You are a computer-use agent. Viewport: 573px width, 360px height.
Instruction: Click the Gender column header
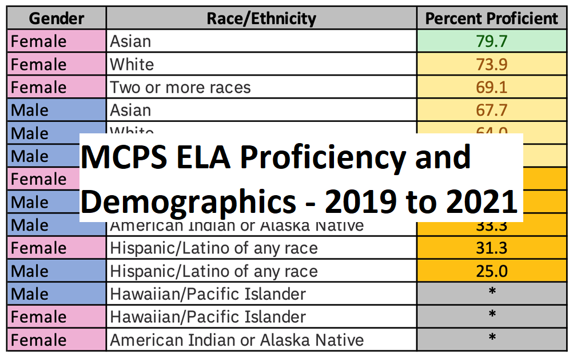coord(56,18)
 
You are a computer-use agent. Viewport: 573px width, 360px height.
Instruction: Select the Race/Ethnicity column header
coord(261,18)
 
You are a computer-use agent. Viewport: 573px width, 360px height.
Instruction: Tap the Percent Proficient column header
coord(492,18)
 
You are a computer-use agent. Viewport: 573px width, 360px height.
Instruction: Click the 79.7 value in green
coord(492,41)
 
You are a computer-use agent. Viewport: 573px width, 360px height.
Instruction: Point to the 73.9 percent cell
coord(492,64)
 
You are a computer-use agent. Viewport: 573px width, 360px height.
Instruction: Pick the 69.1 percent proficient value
coord(492,87)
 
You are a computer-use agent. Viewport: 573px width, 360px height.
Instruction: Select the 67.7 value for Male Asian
coord(492,110)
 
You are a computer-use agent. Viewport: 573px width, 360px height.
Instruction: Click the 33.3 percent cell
coord(492,226)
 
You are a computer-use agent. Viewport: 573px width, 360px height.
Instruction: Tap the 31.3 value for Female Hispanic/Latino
coord(492,248)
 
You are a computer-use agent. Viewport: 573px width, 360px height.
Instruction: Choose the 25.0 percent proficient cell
coord(492,271)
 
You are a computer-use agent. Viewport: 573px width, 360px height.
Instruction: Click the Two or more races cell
coord(180,87)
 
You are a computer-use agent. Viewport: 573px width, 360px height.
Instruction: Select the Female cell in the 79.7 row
coord(39,41)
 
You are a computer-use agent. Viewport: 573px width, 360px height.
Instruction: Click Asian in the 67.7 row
coord(130,110)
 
